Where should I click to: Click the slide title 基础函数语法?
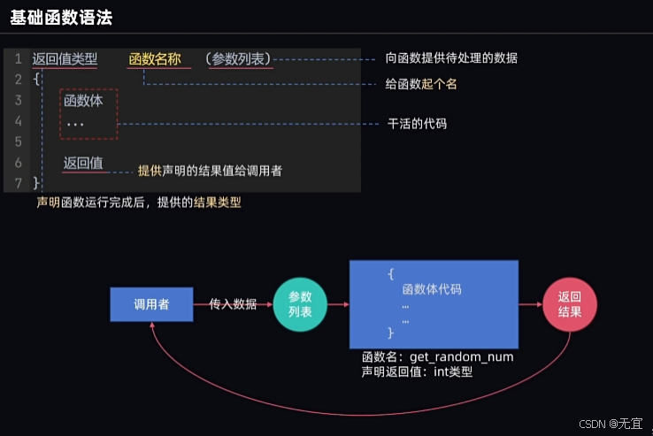click(61, 16)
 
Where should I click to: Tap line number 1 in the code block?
click(18, 59)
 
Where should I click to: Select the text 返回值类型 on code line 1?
click(65, 59)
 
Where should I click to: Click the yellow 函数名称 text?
click(155, 59)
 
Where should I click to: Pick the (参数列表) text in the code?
click(239, 59)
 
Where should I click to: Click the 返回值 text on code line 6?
click(83, 163)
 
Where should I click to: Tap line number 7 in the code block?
click(18, 183)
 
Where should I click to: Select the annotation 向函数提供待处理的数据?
click(451, 58)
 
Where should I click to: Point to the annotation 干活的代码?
click(417, 124)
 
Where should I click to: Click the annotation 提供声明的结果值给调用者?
click(210, 171)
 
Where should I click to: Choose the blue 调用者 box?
click(151, 304)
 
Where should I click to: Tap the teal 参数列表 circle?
click(300, 305)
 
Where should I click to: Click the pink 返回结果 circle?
click(570, 305)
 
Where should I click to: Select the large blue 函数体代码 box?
click(434, 303)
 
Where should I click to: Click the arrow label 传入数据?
click(233, 304)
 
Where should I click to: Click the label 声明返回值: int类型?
click(417, 371)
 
